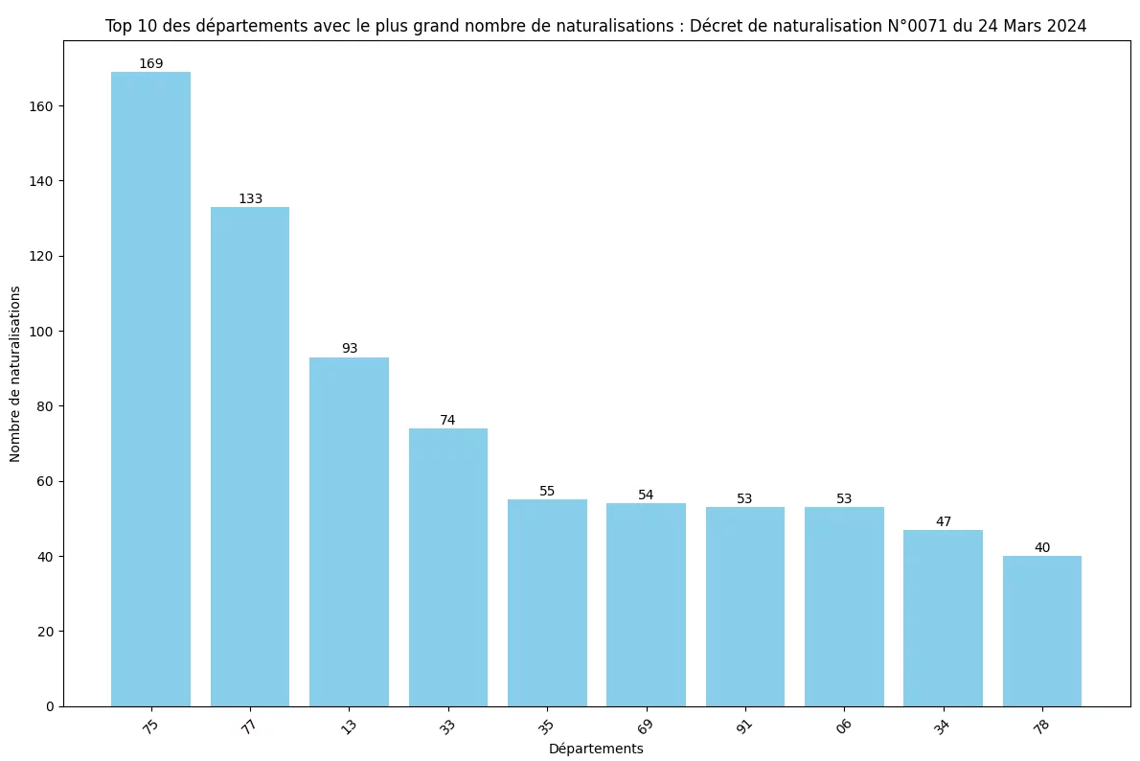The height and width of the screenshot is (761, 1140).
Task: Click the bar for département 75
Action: (x=150, y=388)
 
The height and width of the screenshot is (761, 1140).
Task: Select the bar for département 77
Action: (x=250, y=456)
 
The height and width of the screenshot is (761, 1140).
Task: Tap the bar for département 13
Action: (x=349, y=531)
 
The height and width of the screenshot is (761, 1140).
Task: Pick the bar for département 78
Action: (x=1041, y=631)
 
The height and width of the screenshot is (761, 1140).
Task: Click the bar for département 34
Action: (x=943, y=617)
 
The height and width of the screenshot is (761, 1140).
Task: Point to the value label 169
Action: (x=150, y=63)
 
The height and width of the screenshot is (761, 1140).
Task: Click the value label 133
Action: (x=250, y=198)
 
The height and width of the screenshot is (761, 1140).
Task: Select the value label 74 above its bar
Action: (x=447, y=420)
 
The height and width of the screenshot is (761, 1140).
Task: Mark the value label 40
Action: (x=1042, y=547)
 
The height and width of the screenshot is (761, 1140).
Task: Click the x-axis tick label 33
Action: (x=447, y=726)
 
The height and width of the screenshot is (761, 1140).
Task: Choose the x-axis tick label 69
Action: (x=646, y=726)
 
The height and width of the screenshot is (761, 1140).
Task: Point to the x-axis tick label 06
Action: (x=844, y=726)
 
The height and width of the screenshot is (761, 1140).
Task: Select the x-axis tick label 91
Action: (x=744, y=726)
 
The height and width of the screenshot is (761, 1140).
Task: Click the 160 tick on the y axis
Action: (x=42, y=106)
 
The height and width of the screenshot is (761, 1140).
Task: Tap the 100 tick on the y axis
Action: (x=42, y=332)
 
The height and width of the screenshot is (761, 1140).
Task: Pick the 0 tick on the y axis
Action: (x=50, y=706)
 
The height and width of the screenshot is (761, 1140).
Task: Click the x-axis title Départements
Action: (x=596, y=749)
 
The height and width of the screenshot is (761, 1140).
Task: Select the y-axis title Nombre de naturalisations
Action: (x=15, y=373)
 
